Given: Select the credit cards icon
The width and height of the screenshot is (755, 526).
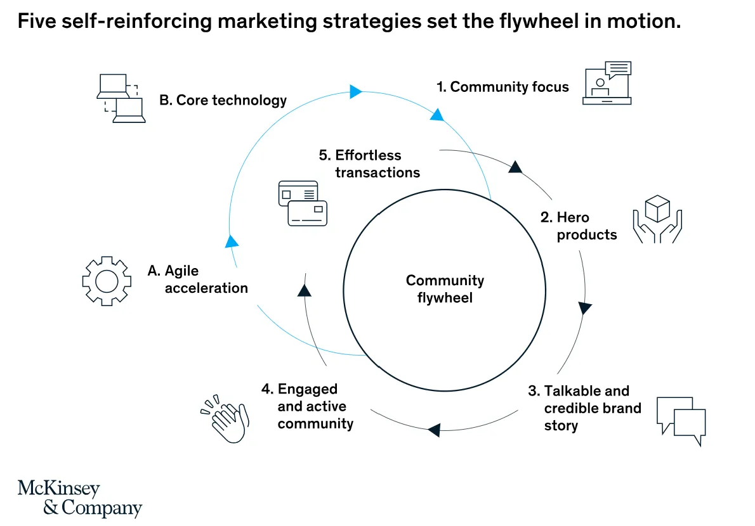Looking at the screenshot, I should click(x=303, y=203).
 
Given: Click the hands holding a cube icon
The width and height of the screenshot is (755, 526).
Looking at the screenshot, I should click(x=657, y=219).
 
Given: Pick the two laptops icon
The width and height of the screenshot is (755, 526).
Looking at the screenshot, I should click(x=121, y=98).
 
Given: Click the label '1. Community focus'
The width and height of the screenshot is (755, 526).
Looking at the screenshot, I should click(x=502, y=87).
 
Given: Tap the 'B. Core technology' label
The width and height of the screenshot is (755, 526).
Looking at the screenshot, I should click(x=223, y=100).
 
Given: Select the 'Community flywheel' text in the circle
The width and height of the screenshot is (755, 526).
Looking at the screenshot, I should click(x=445, y=288).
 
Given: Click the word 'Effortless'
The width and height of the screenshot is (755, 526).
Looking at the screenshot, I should click(x=368, y=155).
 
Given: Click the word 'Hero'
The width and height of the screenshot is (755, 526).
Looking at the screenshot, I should click(x=573, y=217).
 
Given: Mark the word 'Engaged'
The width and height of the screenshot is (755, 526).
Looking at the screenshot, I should click(x=308, y=388).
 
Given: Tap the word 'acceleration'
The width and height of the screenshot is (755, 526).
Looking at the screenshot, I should click(x=206, y=288).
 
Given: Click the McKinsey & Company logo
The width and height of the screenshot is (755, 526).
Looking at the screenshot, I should click(x=79, y=498).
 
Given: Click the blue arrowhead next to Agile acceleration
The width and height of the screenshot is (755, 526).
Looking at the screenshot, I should click(x=232, y=241).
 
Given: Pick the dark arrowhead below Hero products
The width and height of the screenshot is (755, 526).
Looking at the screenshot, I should click(x=584, y=309).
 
